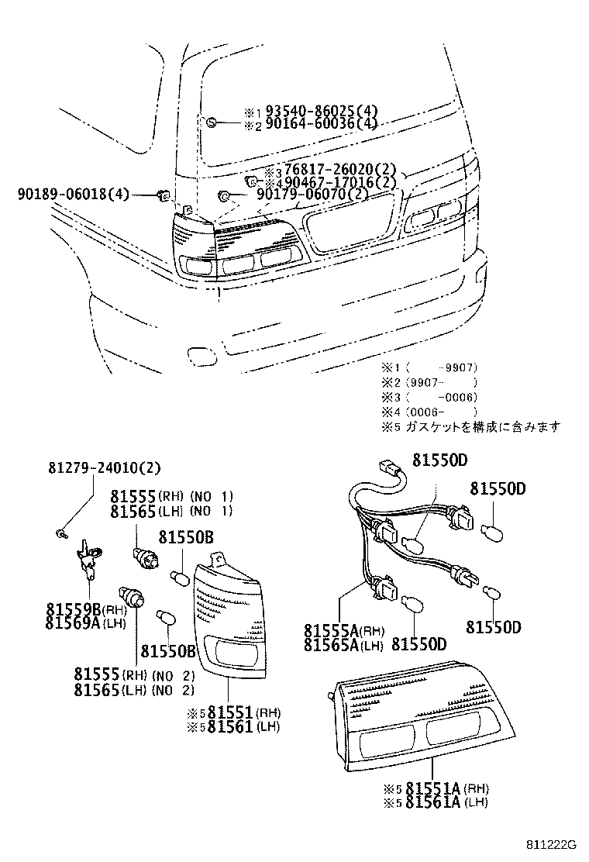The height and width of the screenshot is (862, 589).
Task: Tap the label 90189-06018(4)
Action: [74, 195]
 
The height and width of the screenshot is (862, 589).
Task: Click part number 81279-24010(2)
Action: [105, 468]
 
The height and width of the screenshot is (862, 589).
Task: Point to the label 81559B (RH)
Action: [84, 609]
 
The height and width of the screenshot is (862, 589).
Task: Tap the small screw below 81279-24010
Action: [61, 533]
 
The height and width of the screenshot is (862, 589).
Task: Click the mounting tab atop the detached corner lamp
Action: [221, 558]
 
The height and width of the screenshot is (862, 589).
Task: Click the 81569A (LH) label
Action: [84, 622]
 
